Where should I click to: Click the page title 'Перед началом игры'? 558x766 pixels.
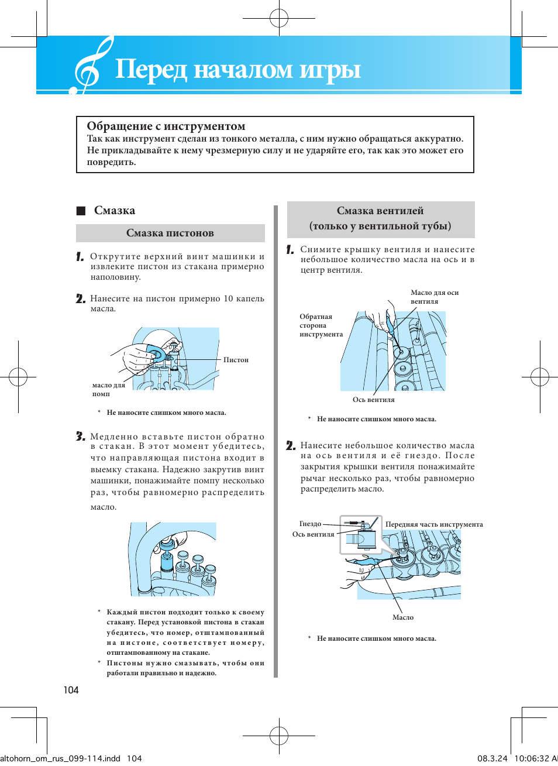[237, 69]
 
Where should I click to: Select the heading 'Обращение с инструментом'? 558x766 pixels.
[166, 126]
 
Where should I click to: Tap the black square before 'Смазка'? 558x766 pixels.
[81, 211]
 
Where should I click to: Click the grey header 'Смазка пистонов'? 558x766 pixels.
[170, 233]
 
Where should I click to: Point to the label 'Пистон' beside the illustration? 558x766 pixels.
[236, 360]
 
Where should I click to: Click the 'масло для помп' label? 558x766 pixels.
[108, 389]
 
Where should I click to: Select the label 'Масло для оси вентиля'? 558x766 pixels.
[434, 297]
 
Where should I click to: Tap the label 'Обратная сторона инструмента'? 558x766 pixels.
[321, 325]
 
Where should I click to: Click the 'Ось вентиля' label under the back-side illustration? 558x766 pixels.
[373, 400]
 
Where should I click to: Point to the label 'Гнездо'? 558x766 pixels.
[310, 524]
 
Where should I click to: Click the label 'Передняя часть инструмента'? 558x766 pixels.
[434, 524]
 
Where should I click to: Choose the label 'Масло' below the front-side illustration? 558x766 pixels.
[403, 617]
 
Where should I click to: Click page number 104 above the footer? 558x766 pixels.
[71, 690]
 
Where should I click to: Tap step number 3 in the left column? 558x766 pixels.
[81, 437]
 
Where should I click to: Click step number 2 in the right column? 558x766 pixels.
[291, 446]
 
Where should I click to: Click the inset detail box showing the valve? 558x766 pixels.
[361, 534]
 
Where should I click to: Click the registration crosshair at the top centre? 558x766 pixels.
[279, 18]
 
